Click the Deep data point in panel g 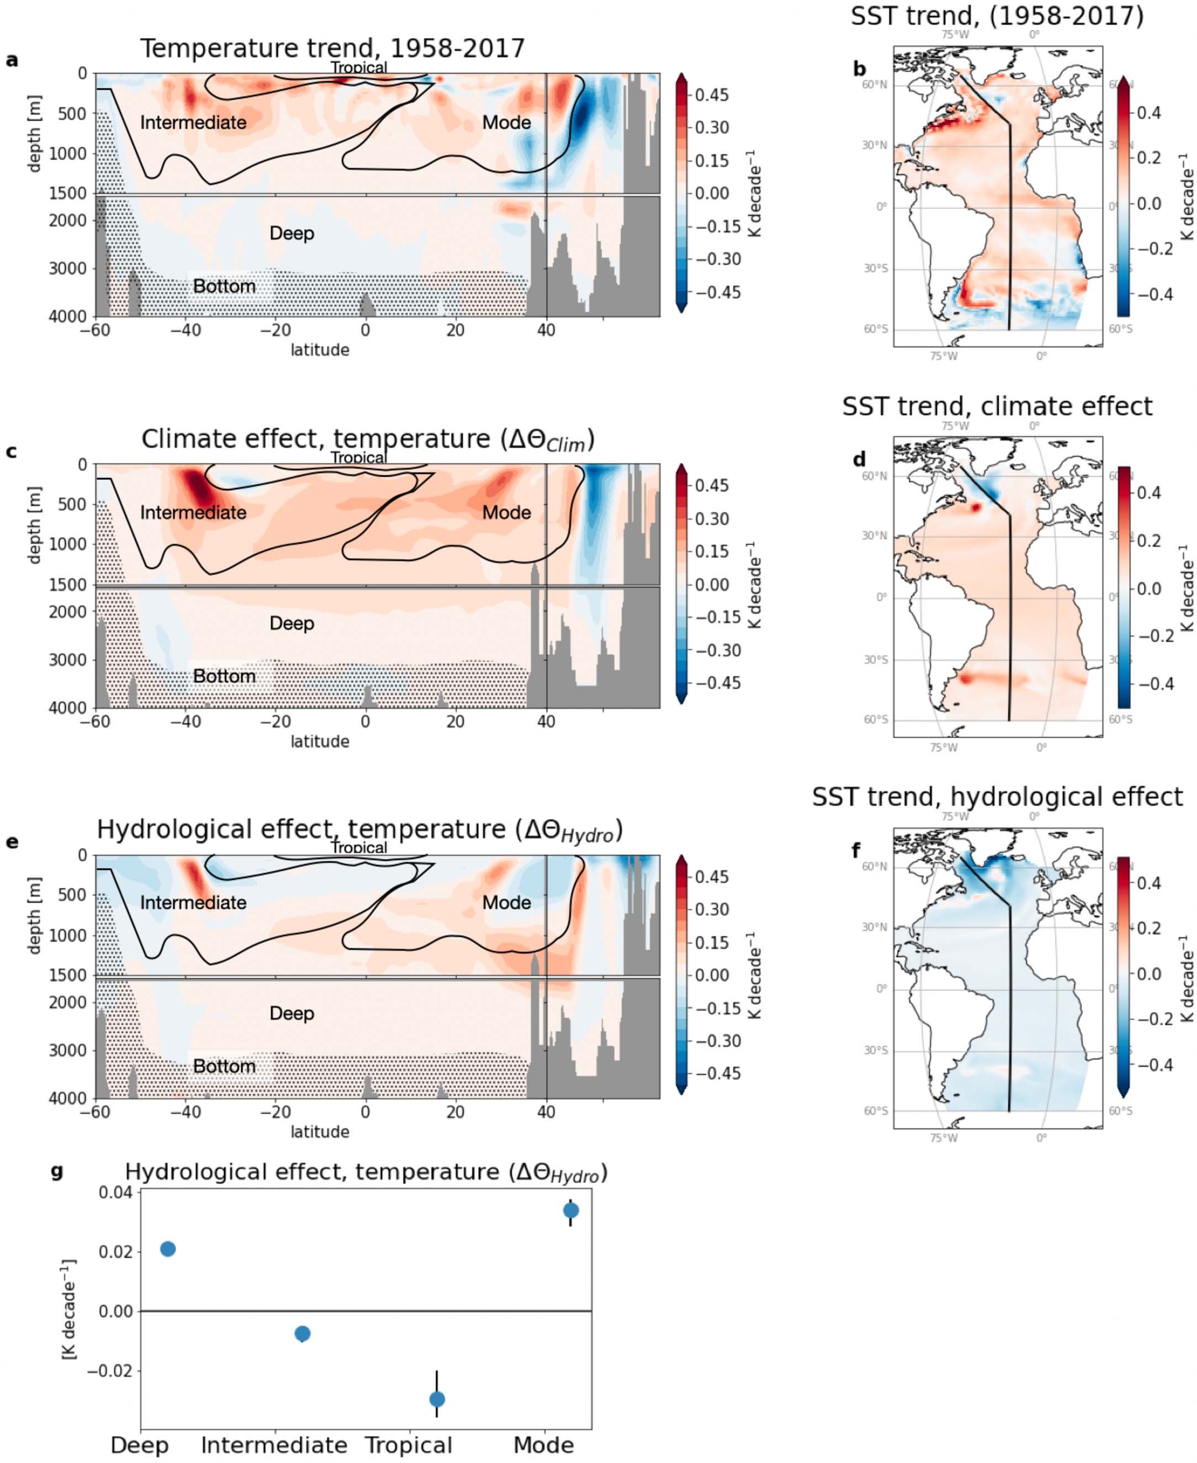167,1249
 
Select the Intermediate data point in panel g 302,1333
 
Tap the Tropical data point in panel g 437,1398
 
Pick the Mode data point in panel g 570,1210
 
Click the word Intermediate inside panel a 193,123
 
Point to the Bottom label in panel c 224,676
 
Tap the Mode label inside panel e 506,903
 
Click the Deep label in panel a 292,233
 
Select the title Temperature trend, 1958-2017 332,48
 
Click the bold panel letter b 859,69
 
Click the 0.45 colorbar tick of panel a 712,95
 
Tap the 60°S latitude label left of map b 876,329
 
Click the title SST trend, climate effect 997,406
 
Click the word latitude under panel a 319,350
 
